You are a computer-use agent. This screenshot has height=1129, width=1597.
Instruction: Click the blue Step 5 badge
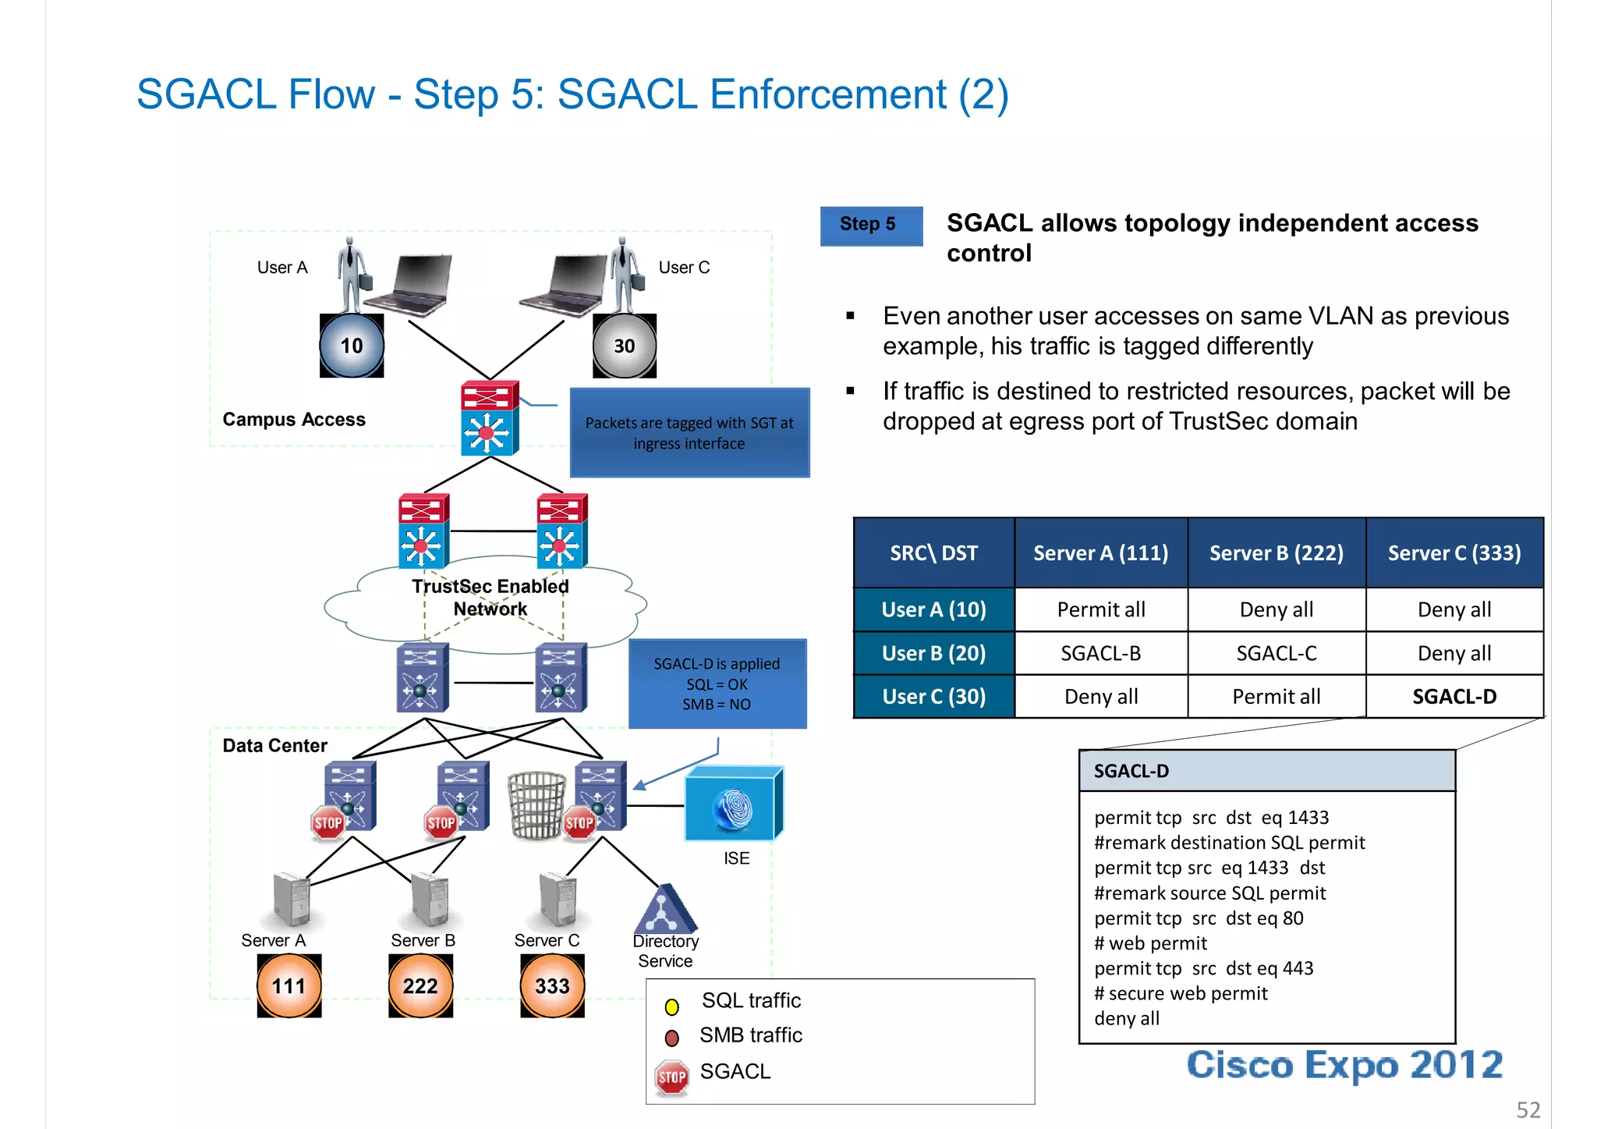[871, 225]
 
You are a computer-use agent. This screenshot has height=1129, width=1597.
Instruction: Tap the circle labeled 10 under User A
[352, 346]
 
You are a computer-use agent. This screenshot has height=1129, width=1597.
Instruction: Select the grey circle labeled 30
[625, 346]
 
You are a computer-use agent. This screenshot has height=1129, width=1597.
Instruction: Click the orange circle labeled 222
[420, 986]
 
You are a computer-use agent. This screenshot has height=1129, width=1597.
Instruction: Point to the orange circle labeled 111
[289, 986]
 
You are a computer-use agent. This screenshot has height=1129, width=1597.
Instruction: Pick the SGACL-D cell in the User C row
[1454, 697]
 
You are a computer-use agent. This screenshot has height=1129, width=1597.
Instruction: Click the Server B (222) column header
[1277, 553]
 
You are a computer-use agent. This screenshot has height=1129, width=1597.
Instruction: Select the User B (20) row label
[933, 653]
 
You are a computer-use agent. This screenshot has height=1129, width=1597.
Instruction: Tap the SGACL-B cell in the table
[1100, 653]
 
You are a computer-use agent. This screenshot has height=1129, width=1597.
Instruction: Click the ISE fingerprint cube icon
[734, 804]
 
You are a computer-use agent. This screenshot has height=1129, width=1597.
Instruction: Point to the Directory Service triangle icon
[664, 910]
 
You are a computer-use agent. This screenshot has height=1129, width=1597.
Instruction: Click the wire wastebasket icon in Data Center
[536, 805]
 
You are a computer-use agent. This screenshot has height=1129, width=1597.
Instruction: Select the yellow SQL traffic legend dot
[671, 1007]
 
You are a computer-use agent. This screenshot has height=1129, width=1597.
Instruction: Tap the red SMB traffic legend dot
[671, 1038]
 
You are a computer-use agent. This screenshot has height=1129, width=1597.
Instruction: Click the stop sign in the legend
[671, 1078]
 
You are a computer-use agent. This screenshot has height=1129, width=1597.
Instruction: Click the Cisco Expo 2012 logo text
[1344, 1065]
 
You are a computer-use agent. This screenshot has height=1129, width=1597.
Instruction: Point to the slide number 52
[1528, 1109]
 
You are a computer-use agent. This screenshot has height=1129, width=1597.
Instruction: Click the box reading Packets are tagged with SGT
[689, 433]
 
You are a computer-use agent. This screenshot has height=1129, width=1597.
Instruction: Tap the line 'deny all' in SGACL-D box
[1127, 1019]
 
